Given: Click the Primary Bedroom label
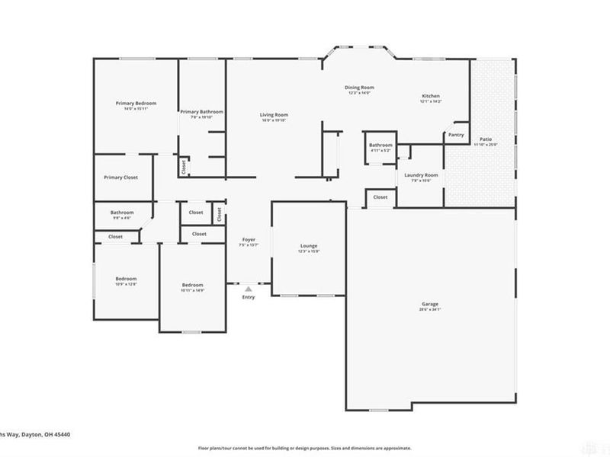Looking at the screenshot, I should click(136, 103).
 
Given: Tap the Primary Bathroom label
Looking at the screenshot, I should click(201, 112).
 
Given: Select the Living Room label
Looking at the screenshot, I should click(274, 115).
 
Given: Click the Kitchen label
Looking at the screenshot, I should click(431, 96).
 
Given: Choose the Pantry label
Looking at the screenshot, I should click(456, 135).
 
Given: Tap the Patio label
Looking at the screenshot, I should click(486, 139).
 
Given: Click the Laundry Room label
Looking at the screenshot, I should click(421, 174).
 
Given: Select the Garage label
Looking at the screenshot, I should click(430, 304).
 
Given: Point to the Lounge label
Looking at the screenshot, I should click(308, 246).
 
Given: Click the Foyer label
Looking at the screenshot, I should click(249, 239).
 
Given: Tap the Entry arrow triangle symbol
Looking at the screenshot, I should click(248, 289).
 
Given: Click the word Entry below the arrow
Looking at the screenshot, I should click(249, 297).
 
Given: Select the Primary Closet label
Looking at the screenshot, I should click(120, 177).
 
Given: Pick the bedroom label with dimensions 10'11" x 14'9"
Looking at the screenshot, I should click(192, 286).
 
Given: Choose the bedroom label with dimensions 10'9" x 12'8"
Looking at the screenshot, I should click(126, 279).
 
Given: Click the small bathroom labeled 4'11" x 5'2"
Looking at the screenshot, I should click(380, 145).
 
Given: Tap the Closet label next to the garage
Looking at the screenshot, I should click(380, 197).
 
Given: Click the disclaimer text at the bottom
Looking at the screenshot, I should click(305, 448).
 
